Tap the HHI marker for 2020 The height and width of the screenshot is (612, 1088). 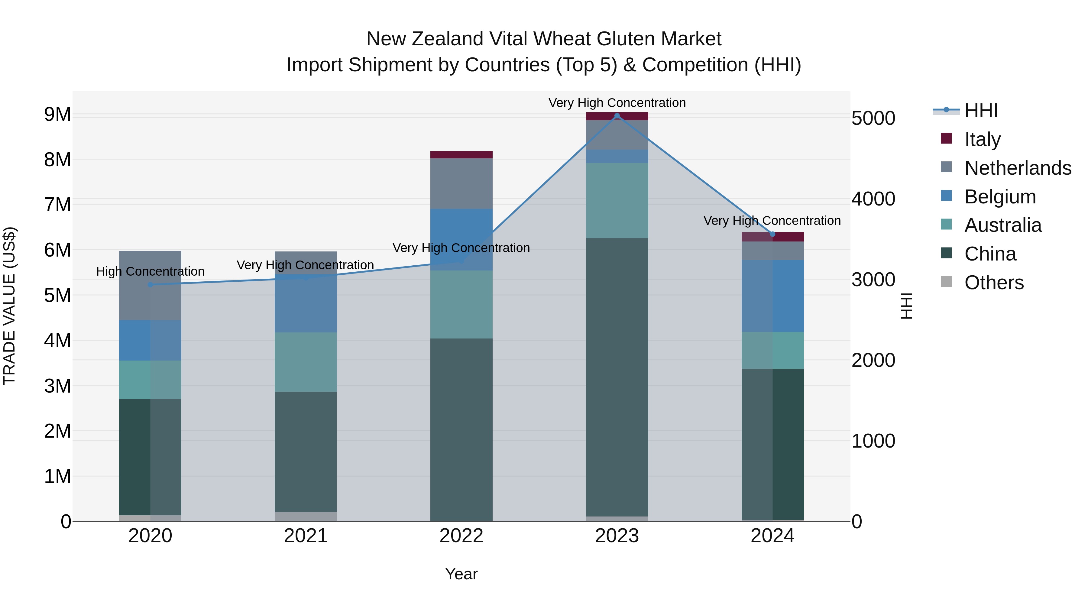[151, 285]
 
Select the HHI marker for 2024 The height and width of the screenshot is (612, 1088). [772, 234]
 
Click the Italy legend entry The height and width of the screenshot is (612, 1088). [983, 139]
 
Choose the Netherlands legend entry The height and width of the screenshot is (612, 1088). [1018, 168]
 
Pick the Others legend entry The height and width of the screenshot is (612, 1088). [994, 283]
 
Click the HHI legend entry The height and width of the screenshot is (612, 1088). [981, 111]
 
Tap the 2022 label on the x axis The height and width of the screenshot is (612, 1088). [461, 536]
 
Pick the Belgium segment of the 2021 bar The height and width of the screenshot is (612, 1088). [306, 303]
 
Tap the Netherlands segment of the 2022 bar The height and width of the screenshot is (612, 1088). [461, 184]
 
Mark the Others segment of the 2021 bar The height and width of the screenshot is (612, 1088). [306, 516]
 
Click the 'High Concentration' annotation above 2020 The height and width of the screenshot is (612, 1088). [151, 272]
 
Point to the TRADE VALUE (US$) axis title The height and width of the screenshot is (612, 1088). [10, 306]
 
